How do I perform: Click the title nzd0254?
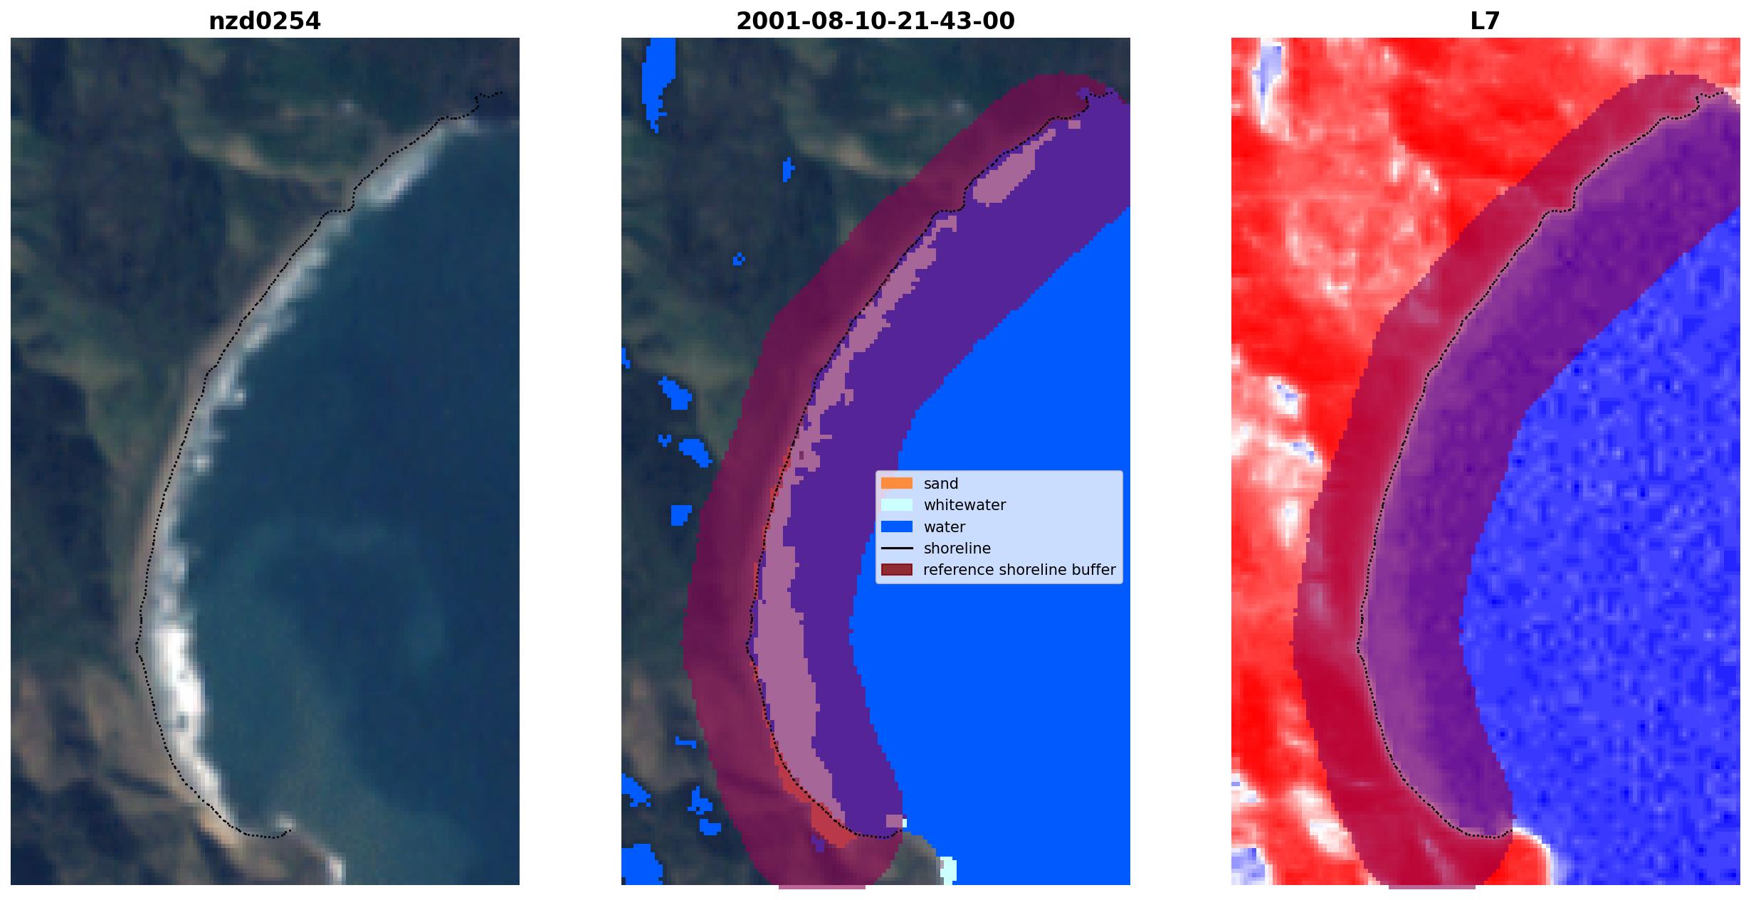click(x=264, y=21)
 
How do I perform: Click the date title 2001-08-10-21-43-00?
click(x=875, y=21)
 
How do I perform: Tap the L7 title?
click(x=1485, y=21)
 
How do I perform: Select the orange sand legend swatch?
click(x=896, y=484)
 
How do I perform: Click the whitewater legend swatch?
click(x=896, y=505)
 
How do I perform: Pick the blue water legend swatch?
click(x=896, y=527)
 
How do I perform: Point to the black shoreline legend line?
click(x=896, y=549)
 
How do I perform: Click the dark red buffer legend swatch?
click(x=896, y=570)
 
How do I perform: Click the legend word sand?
click(x=940, y=484)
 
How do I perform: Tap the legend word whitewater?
click(x=964, y=505)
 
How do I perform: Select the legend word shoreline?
click(x=957, y=549)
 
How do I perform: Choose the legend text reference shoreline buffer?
click(x=1019, y=570)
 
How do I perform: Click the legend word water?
click(x=944, y=527)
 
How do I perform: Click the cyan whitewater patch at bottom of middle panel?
click(x=948, y=869)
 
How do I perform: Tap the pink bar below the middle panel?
click(x=821, y=887)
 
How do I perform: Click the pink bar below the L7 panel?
click(x=1431, y=887)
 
